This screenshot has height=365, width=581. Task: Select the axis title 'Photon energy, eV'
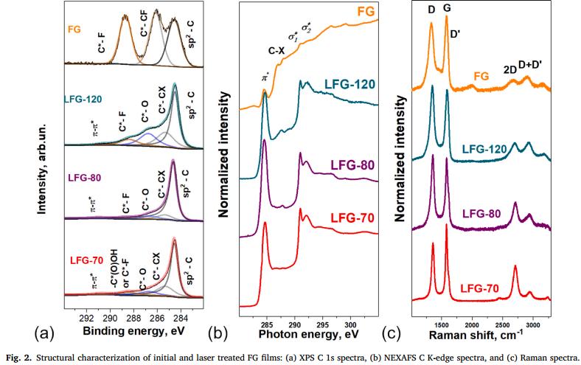309,333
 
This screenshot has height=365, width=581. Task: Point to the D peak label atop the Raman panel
431,10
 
